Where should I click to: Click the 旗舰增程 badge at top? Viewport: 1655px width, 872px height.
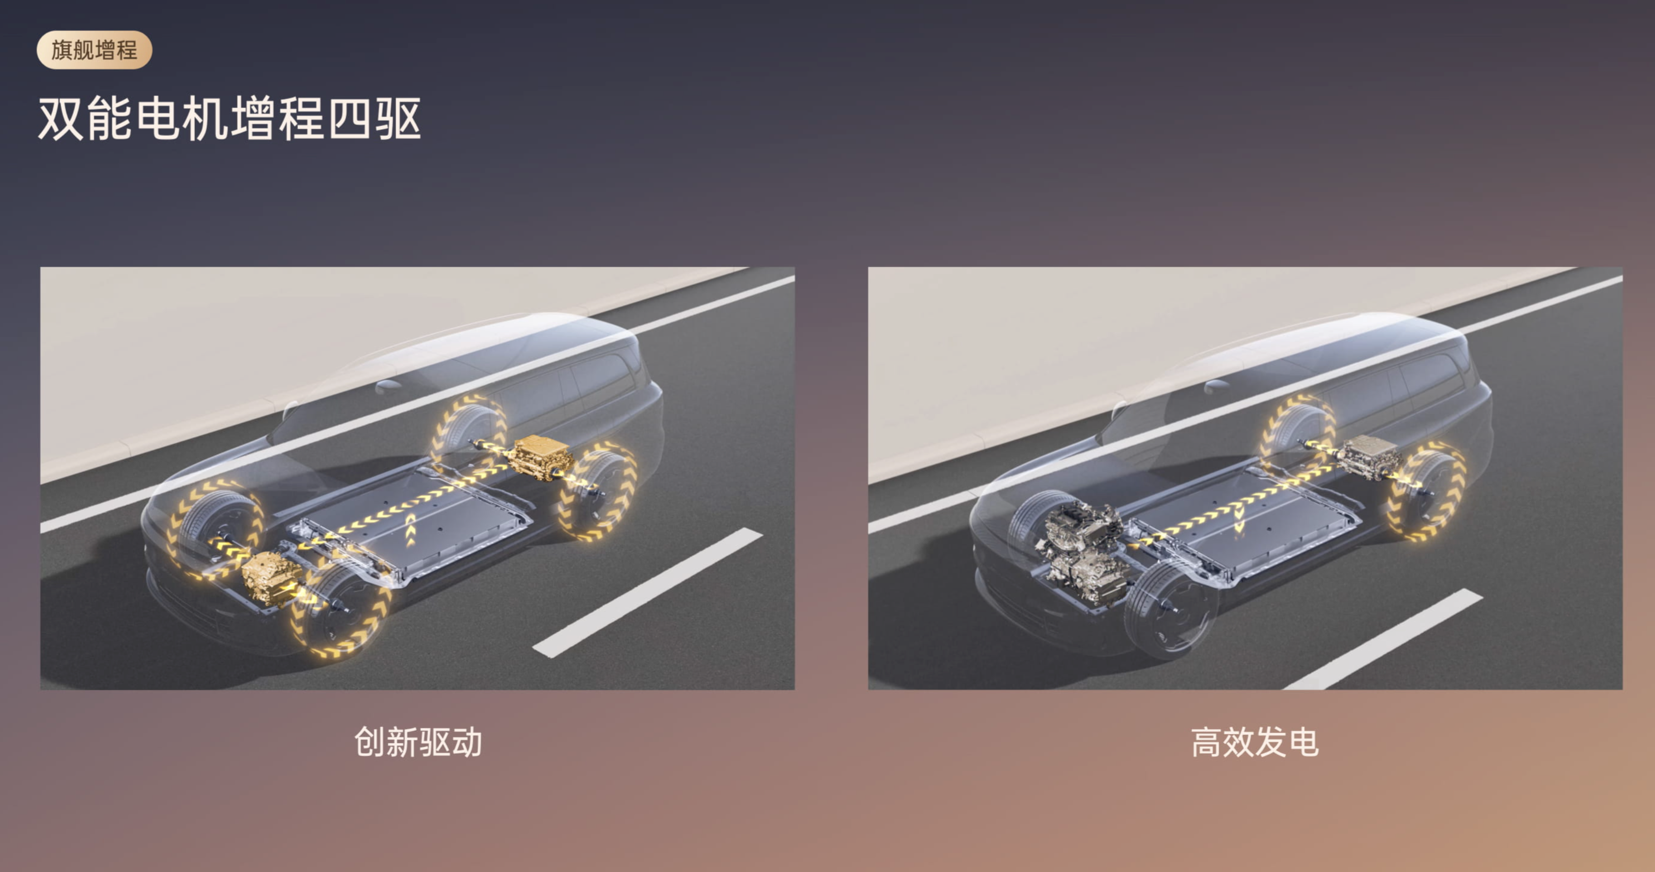point(94,50)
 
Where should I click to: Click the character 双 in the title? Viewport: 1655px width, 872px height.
point(61,119)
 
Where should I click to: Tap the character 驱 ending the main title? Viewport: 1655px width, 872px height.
point(398,119)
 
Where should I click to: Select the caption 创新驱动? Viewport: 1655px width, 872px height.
point(418,742)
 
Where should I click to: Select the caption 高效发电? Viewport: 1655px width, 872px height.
point(1254,742)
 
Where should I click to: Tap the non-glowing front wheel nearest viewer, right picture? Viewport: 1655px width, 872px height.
point(1170,610)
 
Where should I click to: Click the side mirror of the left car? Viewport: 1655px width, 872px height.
point(388,386)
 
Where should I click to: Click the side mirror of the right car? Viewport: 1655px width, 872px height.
point(1216,386)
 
